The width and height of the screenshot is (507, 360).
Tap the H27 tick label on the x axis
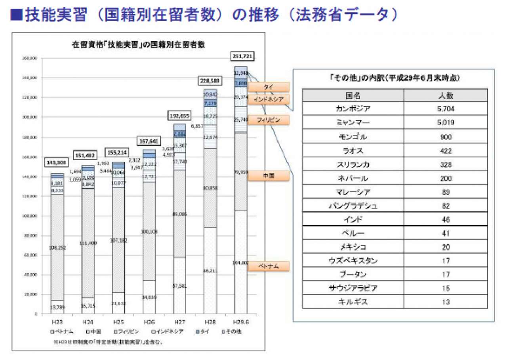179,322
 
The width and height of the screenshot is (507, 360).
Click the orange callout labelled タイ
268,87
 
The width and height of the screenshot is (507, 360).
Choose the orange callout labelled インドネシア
268,100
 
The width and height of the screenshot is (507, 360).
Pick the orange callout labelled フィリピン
268,120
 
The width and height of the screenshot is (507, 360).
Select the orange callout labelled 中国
268,176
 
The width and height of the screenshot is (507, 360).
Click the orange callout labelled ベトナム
268,266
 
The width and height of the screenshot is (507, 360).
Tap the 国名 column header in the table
353,96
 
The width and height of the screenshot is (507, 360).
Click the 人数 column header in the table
446,96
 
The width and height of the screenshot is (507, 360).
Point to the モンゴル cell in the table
353,137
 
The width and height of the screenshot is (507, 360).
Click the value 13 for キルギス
446,302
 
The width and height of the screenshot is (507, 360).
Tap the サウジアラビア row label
353,288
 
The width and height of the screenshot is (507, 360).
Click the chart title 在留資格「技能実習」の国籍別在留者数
138,44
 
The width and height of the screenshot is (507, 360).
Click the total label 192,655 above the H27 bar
179,116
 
